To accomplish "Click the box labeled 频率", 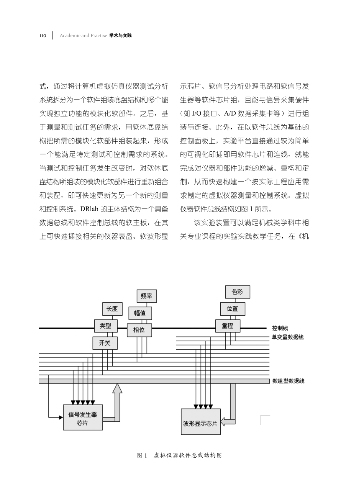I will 147,296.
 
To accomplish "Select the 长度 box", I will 112,309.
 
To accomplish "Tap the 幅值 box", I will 139,313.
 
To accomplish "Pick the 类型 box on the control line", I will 105,326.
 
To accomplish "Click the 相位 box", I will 139,330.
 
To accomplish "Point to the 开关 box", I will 105,343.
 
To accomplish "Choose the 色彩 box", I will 238,292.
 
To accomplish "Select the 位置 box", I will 233,309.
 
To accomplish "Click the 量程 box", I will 228,326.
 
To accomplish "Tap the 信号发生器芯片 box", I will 83,417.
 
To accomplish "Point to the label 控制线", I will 280,328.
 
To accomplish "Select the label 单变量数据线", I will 288,337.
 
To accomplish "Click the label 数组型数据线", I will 288,381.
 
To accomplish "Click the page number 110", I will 43,36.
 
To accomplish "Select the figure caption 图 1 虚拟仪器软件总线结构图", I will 180,455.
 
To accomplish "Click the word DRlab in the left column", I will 90,209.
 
